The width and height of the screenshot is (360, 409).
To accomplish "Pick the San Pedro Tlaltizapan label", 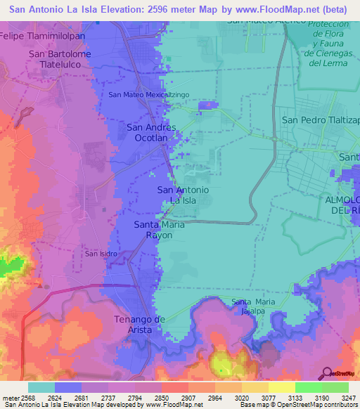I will pos(321,119).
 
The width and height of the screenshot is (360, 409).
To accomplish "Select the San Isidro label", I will pos(101,254).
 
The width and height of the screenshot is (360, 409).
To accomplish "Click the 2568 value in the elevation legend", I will pos(20,398).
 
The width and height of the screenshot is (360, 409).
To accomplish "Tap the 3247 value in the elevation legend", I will pos(339,398).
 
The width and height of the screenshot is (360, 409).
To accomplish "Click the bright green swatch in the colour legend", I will pos(308,387).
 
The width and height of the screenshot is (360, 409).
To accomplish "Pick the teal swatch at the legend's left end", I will pos(41,387).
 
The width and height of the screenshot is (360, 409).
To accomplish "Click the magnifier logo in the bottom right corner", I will pos(327,373).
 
